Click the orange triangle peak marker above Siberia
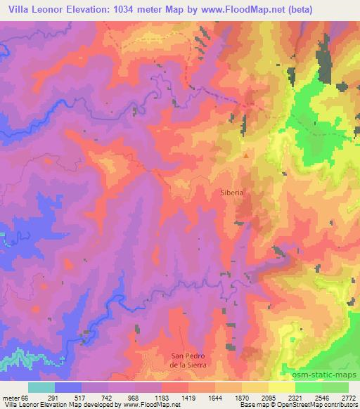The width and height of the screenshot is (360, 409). tap(245, 156)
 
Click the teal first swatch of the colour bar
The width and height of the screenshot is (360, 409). tap(41, 387)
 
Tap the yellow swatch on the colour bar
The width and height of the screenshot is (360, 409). tap(281, 387)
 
